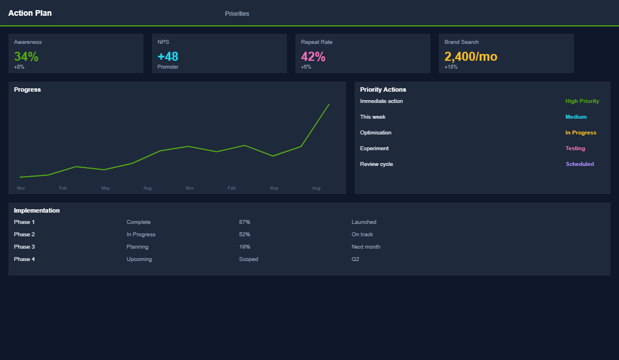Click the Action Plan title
tap(30, 13)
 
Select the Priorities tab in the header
tap(237, 13)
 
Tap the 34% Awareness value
tap(26, 57)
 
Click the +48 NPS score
tap(168, 57)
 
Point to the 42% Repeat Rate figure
tap(313, 57)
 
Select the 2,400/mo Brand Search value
tap(470, 57)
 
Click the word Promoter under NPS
tap(168, 67)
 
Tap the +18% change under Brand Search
tap(451, 67)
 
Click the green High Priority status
tap(582, 101)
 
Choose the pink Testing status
tap(575, 148)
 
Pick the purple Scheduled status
tap(580, 164)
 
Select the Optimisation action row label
tap(375, 133)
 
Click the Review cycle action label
tap(376, 164)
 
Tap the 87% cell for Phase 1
tap(244, 222)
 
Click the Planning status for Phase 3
tap(137, 247)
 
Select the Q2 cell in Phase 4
tap(355, 259)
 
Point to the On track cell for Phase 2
tap(362, 235)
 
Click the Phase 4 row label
tap(24, 259)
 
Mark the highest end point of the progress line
tap(329, 104)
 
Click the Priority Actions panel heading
tap(383, 89)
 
